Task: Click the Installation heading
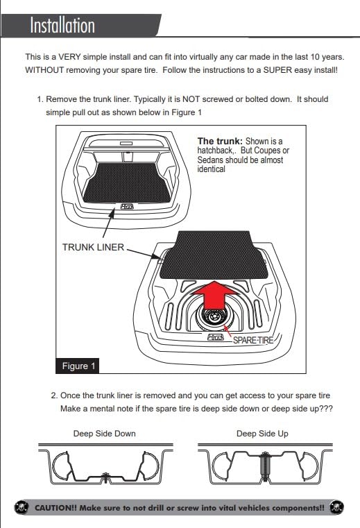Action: [x=62, y=25]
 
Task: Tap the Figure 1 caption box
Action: [x=78, y=366]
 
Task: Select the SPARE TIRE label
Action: [x=253, y=340]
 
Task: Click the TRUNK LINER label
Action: [x=93, y=247]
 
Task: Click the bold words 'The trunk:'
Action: [x=220, y=141]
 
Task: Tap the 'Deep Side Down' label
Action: [x=105, y=434]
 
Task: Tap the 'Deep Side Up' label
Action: [x=262, y=434]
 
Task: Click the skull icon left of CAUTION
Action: [x=22, y=507]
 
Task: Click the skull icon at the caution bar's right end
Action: [x=337, y=507]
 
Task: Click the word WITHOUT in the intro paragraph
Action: [x=44, y=70]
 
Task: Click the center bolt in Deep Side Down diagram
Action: [x=105, y=476]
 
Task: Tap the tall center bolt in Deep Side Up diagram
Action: [x=265, y=468]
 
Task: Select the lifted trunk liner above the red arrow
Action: [x=214, y=255]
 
